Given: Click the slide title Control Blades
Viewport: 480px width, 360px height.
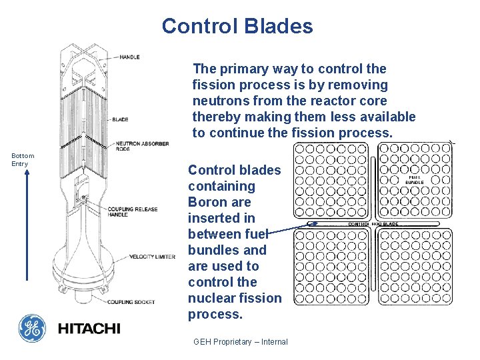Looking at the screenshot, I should pyautogui.click(x=237, y=26).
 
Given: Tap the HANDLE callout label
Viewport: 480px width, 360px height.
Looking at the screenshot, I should pyautogui.click(x=129, y=57).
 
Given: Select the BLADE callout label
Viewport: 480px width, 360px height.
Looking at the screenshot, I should pyautogui.click(x=120, y=120).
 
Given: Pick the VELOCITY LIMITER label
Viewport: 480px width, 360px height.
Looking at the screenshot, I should pyautogui.click(x=152, y=257).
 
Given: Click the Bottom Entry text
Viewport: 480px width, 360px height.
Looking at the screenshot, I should pyautogui.click(x=23, y=159).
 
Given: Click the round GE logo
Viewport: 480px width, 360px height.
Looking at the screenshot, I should pyautogui.click(x=32, y=328).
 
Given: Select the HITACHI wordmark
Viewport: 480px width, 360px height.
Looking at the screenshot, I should pyautogui.click(x=89, y=329).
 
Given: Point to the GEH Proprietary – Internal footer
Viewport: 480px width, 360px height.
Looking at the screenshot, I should pyautogui.click(x=240, y=342).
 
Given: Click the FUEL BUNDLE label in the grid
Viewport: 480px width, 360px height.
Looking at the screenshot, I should pyautogui.click(x=415, y=179).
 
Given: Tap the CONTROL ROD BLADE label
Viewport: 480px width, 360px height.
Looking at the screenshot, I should pyautogui.click(x=373, y=224).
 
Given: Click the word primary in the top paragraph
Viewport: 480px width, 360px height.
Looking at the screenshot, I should pyautogui.click(x=241, y=69).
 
